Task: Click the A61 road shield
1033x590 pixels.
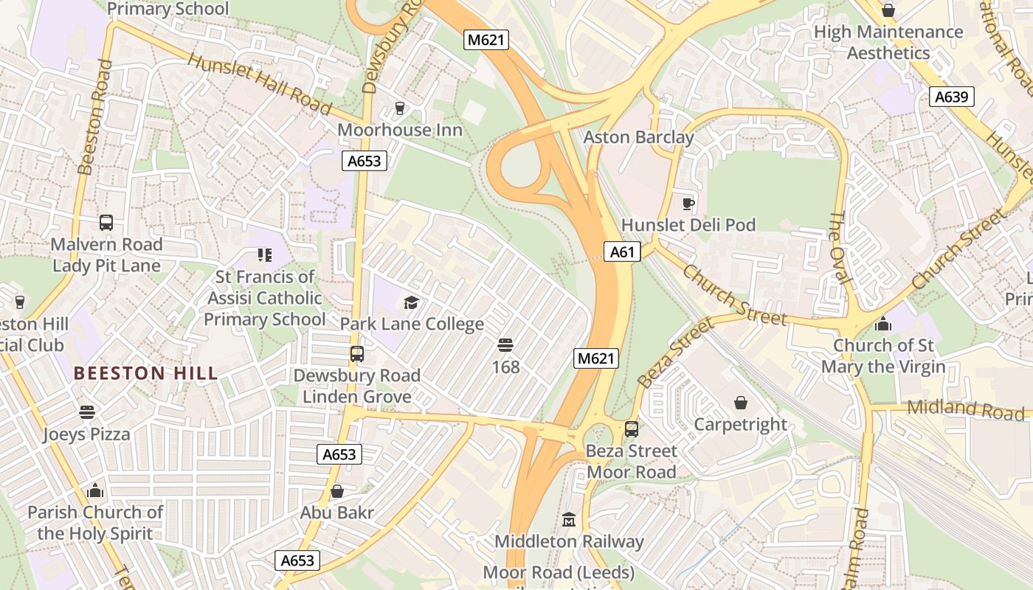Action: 622,252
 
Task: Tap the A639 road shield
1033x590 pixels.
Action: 952,97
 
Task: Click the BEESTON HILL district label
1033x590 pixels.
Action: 146,373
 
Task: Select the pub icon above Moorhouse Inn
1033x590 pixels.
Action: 400,108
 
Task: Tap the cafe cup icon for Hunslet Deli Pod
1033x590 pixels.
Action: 688,204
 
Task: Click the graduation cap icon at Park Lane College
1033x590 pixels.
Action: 411,302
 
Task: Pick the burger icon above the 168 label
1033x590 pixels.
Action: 505,345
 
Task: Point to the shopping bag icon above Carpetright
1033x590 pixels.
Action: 741,403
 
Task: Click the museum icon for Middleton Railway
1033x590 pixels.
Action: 568,520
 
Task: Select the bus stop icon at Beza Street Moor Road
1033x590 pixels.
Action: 632,429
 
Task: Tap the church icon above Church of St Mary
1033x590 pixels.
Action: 882,324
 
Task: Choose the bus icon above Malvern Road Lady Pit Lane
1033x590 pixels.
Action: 106,223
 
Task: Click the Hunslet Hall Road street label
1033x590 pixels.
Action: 260,84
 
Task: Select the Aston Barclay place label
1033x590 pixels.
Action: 638,137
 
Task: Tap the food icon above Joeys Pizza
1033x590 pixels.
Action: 87,412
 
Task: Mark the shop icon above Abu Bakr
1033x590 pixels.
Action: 337,491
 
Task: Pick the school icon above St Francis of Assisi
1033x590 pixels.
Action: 264,255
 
